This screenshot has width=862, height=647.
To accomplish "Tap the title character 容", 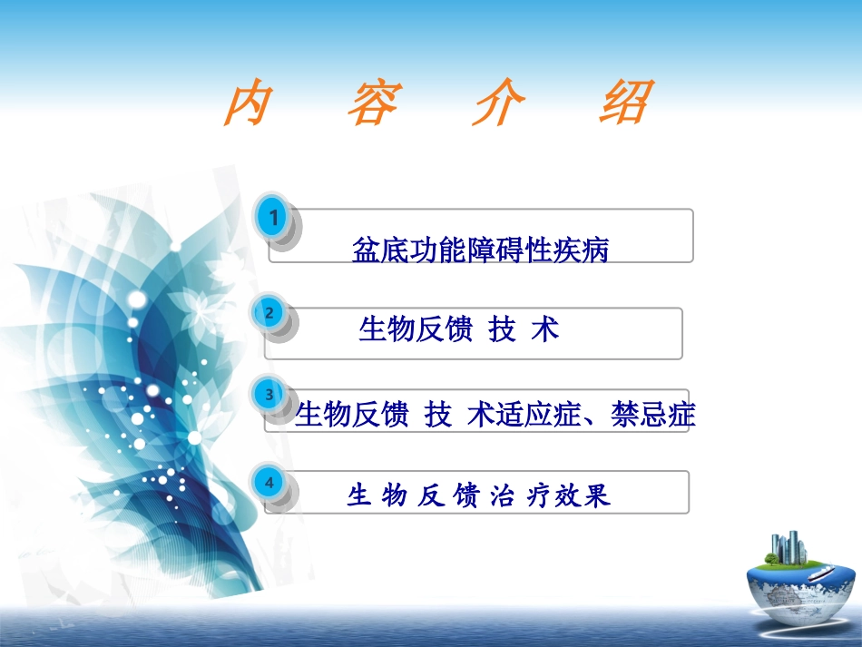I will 373,105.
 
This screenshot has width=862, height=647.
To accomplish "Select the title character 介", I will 498,105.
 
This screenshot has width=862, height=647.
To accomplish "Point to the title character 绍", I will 625,105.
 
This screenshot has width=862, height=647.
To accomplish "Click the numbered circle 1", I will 274,217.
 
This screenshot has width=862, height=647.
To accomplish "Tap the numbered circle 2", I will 269,313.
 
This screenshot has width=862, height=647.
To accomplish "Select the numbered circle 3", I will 269,395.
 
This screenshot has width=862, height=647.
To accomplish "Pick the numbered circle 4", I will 269,483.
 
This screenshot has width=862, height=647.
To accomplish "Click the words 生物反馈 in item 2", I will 416,329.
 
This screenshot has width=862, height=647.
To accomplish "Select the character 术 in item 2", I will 545,329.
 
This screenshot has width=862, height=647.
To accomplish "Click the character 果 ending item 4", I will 597,495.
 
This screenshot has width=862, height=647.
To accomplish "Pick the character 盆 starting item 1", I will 365,250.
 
